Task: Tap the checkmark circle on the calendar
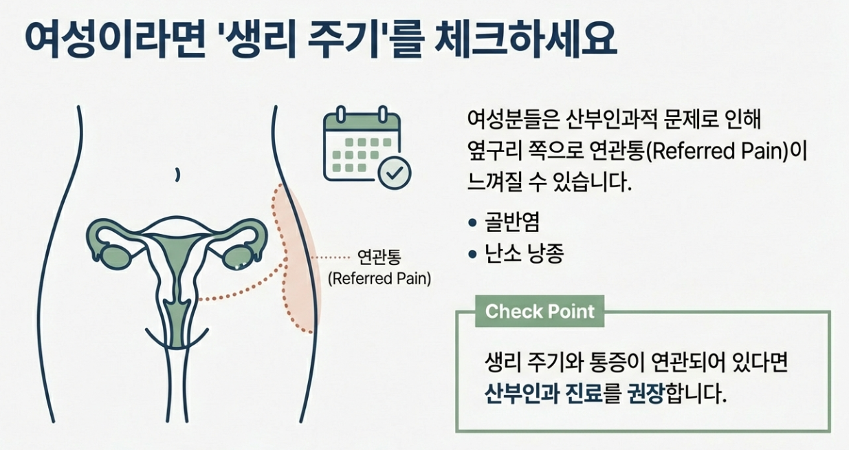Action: [395, 173]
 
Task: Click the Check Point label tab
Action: [540, 311]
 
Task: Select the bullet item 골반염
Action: [513, 222]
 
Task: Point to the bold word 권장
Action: [646, 396]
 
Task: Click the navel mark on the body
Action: [177, 175]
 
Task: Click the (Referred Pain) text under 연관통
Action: [379, 279]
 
